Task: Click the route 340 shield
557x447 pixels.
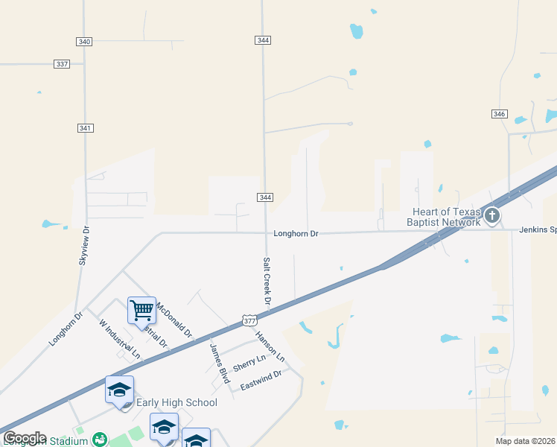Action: click(x=84, y=42)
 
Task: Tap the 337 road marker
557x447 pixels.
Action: click(x=62, y=64)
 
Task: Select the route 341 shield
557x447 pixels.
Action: click(x=85, y=128)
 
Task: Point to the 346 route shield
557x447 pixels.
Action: click(x=499, y=114)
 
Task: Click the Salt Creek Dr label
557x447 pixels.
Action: click(x=267, y=281)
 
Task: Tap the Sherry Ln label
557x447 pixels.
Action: click(x=249, y=364)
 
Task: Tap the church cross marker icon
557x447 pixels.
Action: click(x=491, y=217)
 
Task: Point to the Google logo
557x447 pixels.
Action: click(x=25, y=438)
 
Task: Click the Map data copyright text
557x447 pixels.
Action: click(x=526, y=441)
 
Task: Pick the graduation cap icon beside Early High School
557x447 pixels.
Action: click(x=119, y=390)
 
